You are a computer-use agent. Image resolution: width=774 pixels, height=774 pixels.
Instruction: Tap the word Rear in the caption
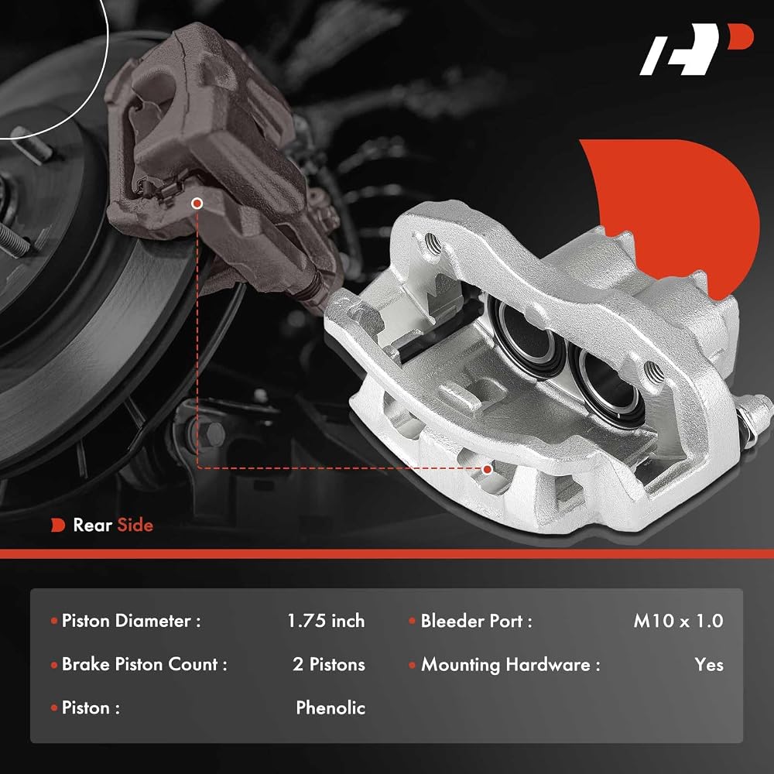click(92, 526)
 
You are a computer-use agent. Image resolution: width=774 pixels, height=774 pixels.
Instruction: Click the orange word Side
click(135, 526)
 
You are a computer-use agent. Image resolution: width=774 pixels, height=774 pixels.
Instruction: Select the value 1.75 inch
click(326, 621)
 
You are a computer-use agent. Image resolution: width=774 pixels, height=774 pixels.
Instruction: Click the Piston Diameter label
click(132, 621)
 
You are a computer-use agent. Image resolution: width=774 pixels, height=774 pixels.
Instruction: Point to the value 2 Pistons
click(329, 664)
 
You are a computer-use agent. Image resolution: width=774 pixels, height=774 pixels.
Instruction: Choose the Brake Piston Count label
click(144, 664)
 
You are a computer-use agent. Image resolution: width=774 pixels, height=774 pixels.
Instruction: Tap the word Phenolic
click(330, 708)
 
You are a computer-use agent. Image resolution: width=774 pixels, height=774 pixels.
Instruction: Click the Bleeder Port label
click(476, 621)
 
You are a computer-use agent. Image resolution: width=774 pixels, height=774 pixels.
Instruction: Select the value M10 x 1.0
click(678, 621)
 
